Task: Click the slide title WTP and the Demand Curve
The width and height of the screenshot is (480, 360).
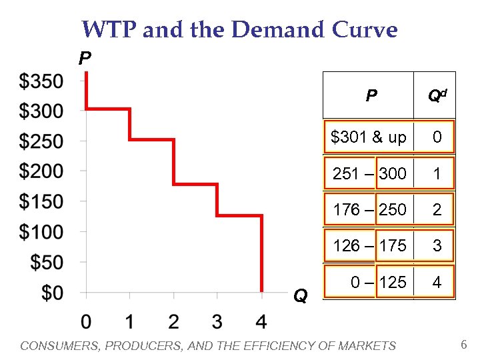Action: click(x=239, y=30)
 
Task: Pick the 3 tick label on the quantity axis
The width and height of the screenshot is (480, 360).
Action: click(x=217, y=322)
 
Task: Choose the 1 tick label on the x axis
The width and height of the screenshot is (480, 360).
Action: click(x=129, y=322)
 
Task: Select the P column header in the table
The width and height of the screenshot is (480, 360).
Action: click(x=371, y=96)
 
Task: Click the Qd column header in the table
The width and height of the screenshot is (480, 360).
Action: click(x=437, y=96)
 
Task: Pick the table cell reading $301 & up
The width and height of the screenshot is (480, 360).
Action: click(x=368, y=138)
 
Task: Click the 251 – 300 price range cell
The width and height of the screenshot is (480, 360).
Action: click(x=369, y=174)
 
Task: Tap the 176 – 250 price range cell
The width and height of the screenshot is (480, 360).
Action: click(x=369, y=210)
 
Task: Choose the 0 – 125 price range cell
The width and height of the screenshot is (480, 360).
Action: click(x=378, y=282)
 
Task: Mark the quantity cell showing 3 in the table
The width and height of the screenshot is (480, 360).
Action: click(x=437, y=246)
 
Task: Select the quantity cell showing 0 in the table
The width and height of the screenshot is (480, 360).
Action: click(x=437, y=138)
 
